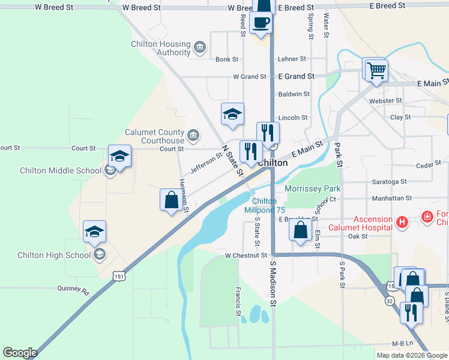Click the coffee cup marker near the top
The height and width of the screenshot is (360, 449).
261,23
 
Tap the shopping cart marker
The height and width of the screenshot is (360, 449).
376,70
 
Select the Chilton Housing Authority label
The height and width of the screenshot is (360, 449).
161,48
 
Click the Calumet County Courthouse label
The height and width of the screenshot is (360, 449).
154,136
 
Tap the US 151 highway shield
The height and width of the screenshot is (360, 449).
118,275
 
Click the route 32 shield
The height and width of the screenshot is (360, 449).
390,301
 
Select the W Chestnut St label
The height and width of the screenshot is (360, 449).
246,255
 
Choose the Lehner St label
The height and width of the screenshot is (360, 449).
292,59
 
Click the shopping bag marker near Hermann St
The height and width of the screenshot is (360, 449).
171,200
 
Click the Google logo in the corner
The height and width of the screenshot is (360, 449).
20,353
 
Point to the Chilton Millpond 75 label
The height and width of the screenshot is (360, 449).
264,206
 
